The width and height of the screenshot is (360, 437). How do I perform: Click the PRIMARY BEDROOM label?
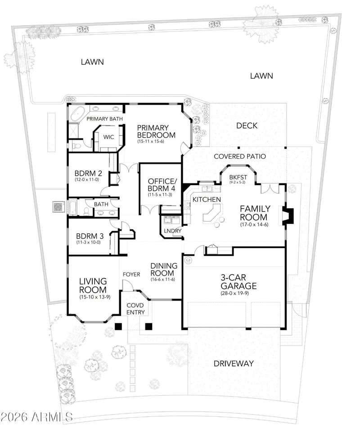pyautogui.click(x=156, y=131)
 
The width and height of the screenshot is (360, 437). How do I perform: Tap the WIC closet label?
pyautogui.click(x=108, y=137)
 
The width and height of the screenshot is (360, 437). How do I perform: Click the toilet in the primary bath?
pyautogui.click(x=76, y=145)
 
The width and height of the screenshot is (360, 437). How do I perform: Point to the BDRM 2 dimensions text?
pyautogui.click(x=87, y=179)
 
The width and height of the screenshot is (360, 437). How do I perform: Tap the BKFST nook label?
pyautogui.click(x=238, y=177)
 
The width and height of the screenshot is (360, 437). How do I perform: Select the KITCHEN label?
pyautogui.click(x=207, y=199)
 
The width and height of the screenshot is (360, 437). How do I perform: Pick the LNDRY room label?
pyautogui.click(x=173, y=231)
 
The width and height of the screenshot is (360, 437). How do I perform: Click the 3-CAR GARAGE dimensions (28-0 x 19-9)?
pyautogui.click(x=234, y=293)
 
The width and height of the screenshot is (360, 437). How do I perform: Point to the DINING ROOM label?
pyautogui.click(x=164, y=269)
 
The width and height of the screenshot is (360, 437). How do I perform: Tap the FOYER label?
pyautogui.click(x=131, y=275)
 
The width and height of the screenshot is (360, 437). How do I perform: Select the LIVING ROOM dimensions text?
pyautogui.click(x=95, y=297)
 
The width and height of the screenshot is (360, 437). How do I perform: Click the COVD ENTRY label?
pyautogui.click(x=135, y=309)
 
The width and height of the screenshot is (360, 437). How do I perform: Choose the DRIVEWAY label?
pyautogui.click(x=234, y=363)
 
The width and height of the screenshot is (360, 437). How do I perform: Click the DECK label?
pyautogui.click(x=247, y=126)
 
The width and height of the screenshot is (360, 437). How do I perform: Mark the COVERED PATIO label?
pyautogui.click(x=240, y=156)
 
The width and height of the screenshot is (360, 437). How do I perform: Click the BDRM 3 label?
pyautogui.click(x=90, y=236)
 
